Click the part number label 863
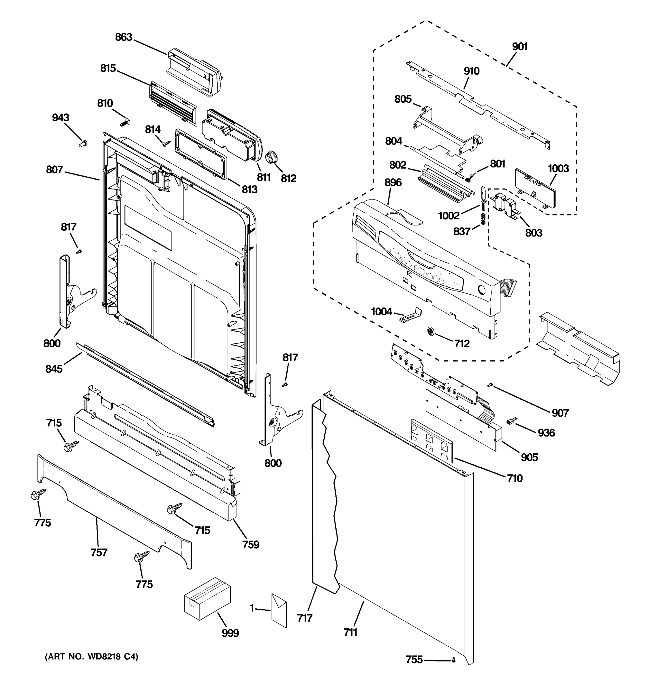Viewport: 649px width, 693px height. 124,37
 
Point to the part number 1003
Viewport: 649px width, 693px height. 558,168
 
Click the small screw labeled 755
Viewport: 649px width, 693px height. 453,660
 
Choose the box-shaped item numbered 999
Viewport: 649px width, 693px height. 207,599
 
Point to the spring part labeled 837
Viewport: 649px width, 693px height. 483,220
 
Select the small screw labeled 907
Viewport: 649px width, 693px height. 490,385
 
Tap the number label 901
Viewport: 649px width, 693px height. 520,47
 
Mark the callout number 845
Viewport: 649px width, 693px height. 54,369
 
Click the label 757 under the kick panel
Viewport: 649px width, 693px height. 99,552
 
